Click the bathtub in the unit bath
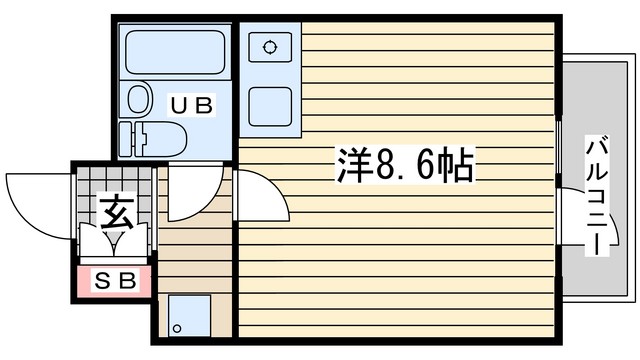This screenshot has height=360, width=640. [175, 52]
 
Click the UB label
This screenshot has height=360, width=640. [191, 105]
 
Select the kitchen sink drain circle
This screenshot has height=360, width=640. [269, 47]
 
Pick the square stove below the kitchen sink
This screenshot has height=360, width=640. [270, 107]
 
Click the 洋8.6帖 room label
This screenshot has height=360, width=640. [405, 164]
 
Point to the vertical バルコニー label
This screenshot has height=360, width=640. [597, 196]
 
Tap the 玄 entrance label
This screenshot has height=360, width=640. [117, 212]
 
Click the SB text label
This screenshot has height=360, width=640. [115, 280]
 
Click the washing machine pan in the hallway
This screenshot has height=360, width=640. [189, 316]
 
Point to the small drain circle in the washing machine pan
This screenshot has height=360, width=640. [177, 328]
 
